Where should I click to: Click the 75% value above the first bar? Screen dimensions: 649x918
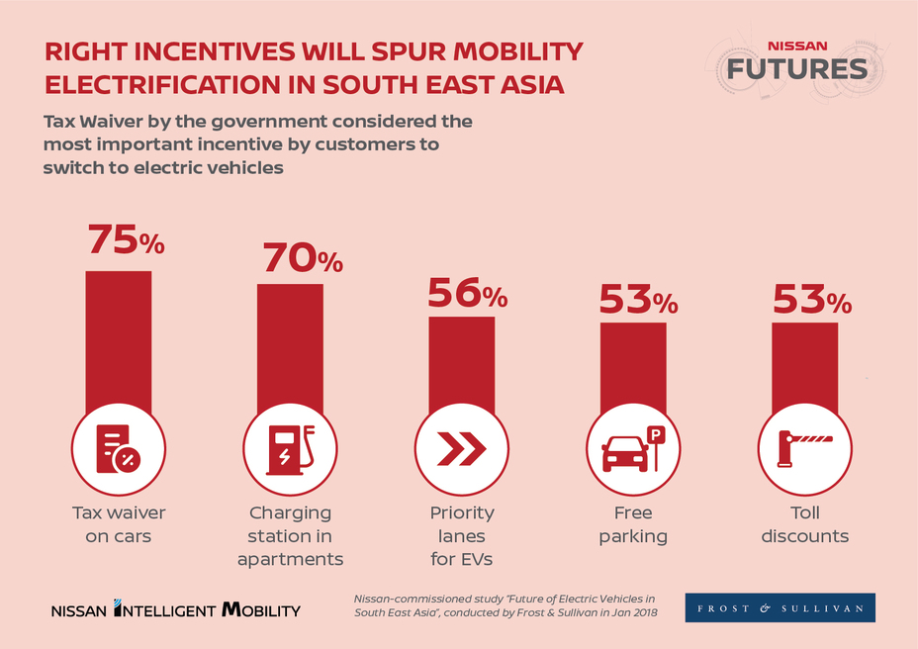click(126, 240)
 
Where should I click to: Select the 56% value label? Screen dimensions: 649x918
click(467, 293)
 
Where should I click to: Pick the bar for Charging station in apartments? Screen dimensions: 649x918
click(290, 345)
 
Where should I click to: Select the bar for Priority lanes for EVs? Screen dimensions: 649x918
click(461, 362)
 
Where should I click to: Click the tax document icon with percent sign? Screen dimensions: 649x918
click(117, 450)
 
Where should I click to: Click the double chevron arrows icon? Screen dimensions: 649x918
click(461, 450)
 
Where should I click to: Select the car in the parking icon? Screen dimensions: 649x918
click(624, 454)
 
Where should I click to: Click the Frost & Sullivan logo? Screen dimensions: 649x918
click(780, 607)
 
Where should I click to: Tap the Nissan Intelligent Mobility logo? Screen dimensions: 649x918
click(175, 609)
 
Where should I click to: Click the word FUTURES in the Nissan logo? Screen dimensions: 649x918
click(796, 68)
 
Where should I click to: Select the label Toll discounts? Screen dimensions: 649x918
click(804, 524)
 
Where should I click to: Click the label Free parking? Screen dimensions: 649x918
click(633, 524)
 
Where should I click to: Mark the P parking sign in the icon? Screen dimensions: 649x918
click(655, 434)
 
